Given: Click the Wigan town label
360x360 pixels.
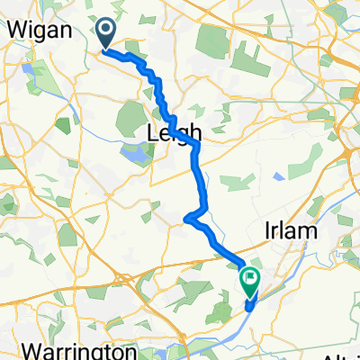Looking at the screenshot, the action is click(x=34, y=29).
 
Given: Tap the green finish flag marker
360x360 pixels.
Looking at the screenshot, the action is click(x=249, y=281).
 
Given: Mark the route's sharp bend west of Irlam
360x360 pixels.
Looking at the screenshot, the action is click(x=186, y=218).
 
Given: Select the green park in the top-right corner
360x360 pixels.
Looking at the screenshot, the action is click(x=337, y=13).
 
